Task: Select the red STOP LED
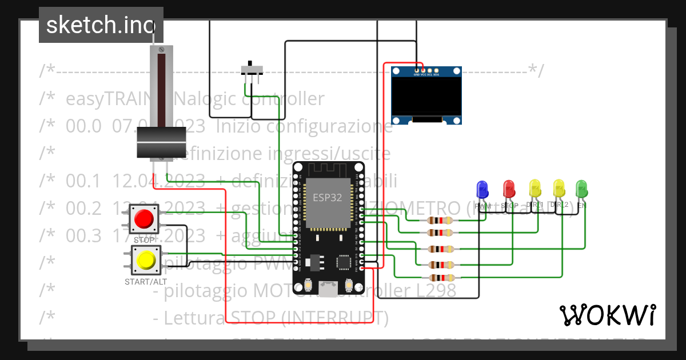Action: (x=508, y=189)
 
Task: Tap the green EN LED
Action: (x=581, y=189)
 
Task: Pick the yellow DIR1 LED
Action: (x=535, y=189)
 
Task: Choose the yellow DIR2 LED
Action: (x=559, y=189)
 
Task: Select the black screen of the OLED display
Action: (x=426, y=96)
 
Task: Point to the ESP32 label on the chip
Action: (x=328, y=197)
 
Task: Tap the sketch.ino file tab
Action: (x=101, y=25)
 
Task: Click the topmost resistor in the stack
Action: (x=439, y=221)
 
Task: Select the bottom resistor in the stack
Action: (x=439, y=277)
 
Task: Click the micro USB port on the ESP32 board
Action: (x=328, y=290)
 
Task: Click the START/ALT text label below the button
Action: (x=146, y=282)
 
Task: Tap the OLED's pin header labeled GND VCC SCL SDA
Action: (x=426, y=73)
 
